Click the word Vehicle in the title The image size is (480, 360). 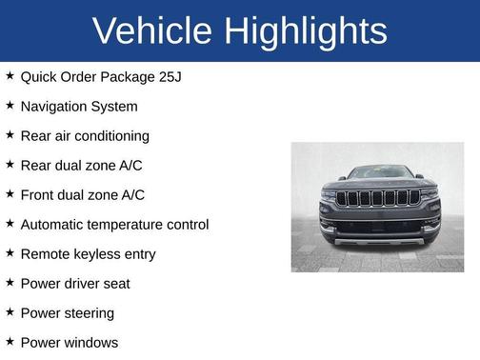[152, 31]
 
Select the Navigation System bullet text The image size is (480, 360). [79, 107]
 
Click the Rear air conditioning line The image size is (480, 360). [85, 136]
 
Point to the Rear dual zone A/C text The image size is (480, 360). [82, 166]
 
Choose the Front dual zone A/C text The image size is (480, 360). [83, 195]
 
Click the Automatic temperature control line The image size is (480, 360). [114, 225]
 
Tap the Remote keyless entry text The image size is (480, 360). [88, 254]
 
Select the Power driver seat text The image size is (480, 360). [75, 284]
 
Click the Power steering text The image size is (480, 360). [67, 313]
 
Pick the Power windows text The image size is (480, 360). [70, 343]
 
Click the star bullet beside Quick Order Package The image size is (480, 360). [10, 76]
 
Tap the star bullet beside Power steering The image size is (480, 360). [10, 312]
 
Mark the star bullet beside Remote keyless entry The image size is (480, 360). [10, 253]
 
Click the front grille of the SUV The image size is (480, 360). [378, 198]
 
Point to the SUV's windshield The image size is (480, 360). [378, 173]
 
